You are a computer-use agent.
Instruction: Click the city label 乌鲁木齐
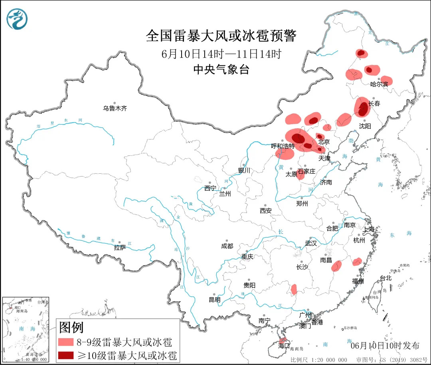point(115,108)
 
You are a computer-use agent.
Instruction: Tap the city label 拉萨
point(120,248)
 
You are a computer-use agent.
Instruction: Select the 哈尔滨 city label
point(379,84)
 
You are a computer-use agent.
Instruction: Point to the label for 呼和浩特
point(283,146)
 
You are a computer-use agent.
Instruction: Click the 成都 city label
point(227,246)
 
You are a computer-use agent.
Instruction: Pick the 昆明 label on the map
point(214,300)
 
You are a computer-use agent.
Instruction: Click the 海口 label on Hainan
point(284,346)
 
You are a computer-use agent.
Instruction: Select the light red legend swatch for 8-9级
point(65,342)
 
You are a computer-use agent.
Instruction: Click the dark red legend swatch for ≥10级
point(65,355)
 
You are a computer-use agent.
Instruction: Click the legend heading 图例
point(71,327)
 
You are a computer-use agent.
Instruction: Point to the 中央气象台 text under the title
point(221,70)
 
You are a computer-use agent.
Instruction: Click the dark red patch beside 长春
point(363,109)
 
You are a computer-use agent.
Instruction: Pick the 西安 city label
point(266,210)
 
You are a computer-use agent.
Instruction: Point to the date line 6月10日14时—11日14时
point(221,54)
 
